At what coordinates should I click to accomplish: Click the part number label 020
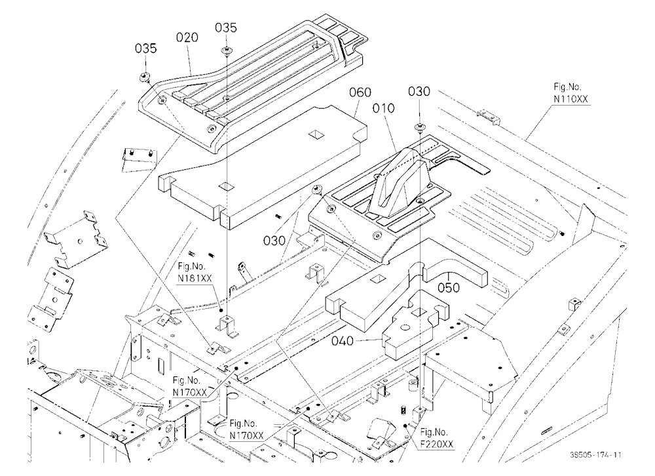pyautogui.click(x=187, y=37)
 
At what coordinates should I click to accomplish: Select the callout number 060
pyautogui.click(x=360, y=92)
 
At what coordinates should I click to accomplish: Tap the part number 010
pyautogui.click(x=383, y=108)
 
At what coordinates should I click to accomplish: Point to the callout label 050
pyautogui.click(x=449, y=288)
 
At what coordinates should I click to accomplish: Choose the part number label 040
pyautogui.click(x=343, y=341)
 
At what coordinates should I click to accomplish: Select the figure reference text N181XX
pyautogui.click(x=195, y=278)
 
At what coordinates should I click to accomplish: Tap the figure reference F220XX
pyautogui.click(x=436, y=444)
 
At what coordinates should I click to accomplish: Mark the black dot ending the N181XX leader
pyautogui.click(x=221, y=310)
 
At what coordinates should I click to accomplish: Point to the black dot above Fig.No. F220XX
pyautogui.click(x=405, y=426)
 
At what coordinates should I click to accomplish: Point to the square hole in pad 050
pyautogui.click(x=379, y=279)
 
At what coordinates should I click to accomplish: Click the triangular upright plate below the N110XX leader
pyautogui.click(x=584, y=226)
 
